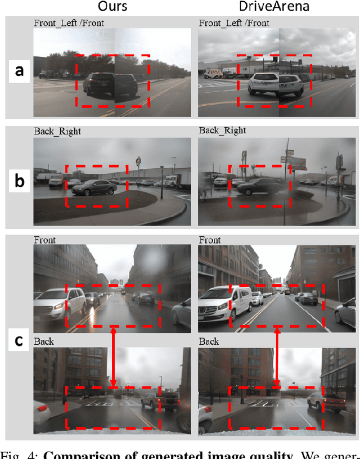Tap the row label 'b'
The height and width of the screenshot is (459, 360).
(19, 181)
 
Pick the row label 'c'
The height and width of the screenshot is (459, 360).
(19, 341)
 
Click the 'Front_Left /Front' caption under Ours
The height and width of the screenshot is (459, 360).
(69, 23)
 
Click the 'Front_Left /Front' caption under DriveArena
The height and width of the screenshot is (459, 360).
(234, 23)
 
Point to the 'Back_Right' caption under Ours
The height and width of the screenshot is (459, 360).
(57, 131)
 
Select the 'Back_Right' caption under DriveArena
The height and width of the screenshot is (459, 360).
(222, 130)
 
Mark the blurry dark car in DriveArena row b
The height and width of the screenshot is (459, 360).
(259, 187)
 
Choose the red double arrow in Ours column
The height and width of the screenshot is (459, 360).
(114, 358)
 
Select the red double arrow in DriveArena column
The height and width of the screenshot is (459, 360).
(276, 358)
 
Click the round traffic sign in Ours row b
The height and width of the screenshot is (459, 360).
(138, 161)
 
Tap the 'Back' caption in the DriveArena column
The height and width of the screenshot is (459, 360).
(209, 341)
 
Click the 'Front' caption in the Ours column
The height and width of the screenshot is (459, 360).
(44, 240)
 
